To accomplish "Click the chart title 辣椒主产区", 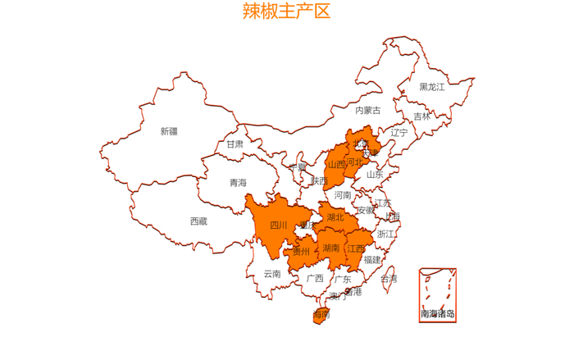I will (x=286, y=11).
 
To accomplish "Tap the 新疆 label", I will (x=168, y=131).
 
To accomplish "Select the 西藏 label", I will (x=198, y=221).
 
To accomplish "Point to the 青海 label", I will (x=238, y=183).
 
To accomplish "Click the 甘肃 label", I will (x=235, y=144).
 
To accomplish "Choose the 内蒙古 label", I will (x=368, y=110).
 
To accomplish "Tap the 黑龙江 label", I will (x=432, y=87).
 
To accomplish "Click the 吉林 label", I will (x=421, y=116).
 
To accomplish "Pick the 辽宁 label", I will (x=399, y=132).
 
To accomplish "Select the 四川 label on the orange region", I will (x=279, y=226).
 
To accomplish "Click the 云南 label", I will (x=272, y=274).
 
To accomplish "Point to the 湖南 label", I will (x=331, y=248).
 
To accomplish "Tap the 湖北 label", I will (x=335, y=217).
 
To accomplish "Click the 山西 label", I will (x=336, y=164).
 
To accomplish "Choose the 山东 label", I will (x=375, y=174).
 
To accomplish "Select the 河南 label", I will (x=343, y=195).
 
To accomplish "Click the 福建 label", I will (x=372, y=259).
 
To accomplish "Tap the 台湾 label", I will (x=389, y=279).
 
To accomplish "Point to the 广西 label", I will (x=315, y=278).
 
